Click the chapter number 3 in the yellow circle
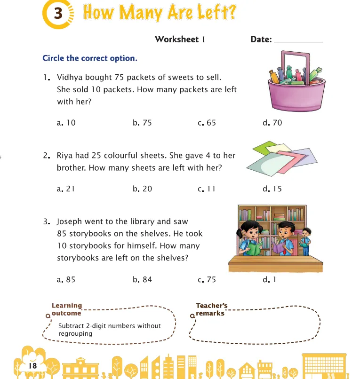(58, 14)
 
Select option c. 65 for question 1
(207, 123)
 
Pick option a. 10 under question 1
(66, 123)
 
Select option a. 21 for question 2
(66, 189)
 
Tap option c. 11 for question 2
(207, 189)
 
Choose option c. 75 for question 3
(207, 279)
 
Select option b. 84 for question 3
(143, 279)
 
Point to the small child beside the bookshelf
(306, 237)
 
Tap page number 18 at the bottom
(32, 365)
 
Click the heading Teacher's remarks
(211, 309)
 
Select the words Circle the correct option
(90, 59)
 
